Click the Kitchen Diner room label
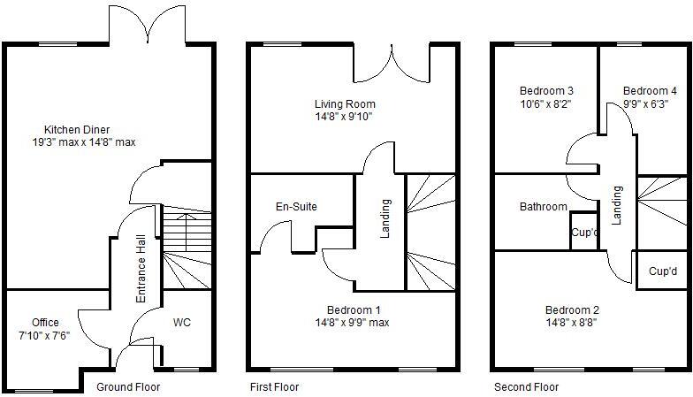coord(76,129)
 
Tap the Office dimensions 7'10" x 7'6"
coord(44,336)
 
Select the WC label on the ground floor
coord(182,322)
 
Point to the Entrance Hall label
coord(141,269)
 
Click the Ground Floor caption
coord(128,387)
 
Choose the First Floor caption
coord(274,387)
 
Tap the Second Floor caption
coord(527,387)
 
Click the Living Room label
coord(345,104)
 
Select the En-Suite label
coord(296,206)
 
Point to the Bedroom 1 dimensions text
coord(352,322)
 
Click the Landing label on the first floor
coord(385,219)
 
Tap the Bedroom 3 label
coord(546,90)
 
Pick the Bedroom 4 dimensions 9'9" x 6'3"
coord(645,104)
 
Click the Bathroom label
coord(543,206)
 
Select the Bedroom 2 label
coord(572,309)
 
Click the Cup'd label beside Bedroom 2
coord(663,271)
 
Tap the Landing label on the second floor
coord(617,205)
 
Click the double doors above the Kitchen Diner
coord(147,25)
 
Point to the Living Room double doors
coord(392,64)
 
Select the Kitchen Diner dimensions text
coord(83,142)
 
